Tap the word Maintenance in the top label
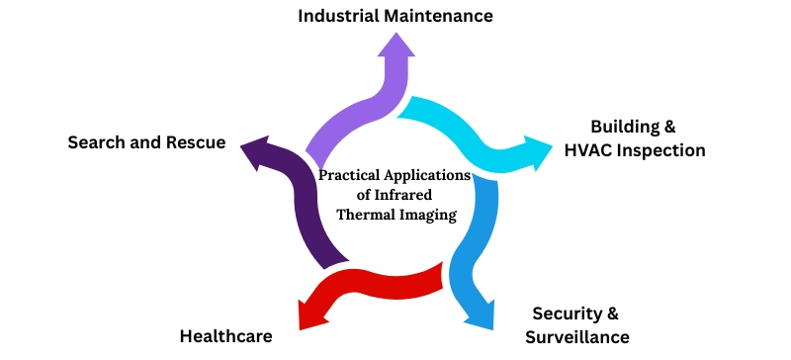click(x=443, y=16)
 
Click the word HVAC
click(x=590, y=150)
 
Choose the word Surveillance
click(x=576, y=337)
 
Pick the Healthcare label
click(x=225, y=335)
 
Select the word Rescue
click(x=195, y=142)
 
